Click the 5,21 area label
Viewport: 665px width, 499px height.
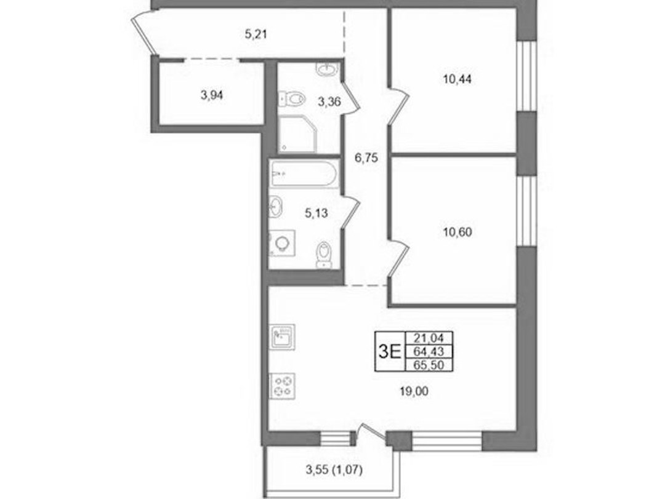click(256, 34)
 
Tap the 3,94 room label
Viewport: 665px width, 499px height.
click(212, 96)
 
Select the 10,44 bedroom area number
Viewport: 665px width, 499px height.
click(457, 79)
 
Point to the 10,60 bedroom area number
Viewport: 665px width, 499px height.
click(457, 233)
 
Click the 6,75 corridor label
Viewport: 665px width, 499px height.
click(366, 158)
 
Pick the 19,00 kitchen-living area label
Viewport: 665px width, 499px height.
click(414, 392)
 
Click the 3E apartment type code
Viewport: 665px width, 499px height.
click(390, 351)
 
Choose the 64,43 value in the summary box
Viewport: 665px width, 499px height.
click(429, 351)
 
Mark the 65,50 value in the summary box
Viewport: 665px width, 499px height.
click(429, 365)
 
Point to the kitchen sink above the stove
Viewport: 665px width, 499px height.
click(283, 337)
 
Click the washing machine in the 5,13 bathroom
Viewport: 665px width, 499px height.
click(282, 244)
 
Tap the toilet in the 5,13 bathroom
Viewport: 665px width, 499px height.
click(323, 255)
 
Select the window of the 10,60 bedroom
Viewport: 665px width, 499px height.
click(526, 211)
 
